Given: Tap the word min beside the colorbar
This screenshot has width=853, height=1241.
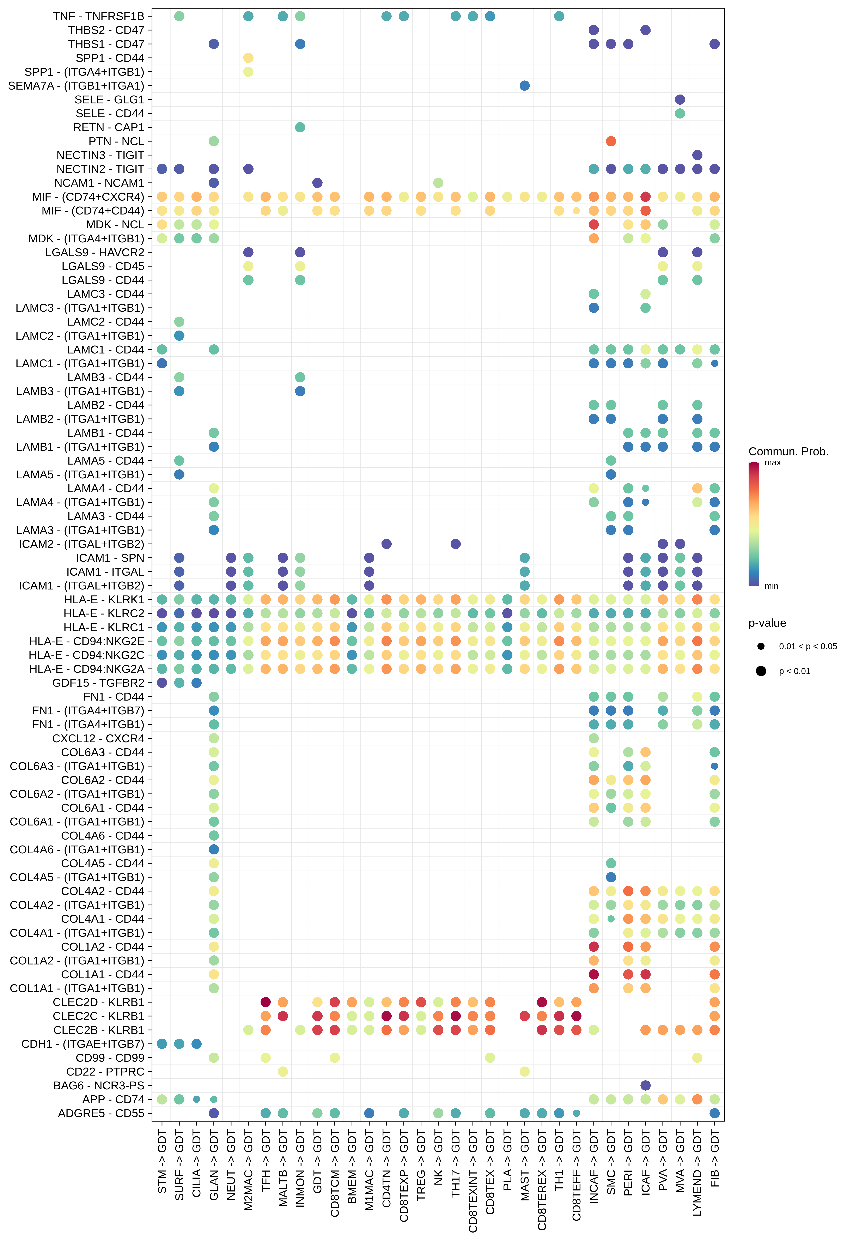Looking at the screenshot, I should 771,586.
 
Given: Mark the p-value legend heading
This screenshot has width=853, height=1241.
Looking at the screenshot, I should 767,623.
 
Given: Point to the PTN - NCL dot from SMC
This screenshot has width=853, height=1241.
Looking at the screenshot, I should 611,141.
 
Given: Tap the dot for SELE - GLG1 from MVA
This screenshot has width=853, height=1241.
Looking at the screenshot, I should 680,99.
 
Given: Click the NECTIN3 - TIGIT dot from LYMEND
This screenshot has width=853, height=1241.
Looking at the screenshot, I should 697,155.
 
